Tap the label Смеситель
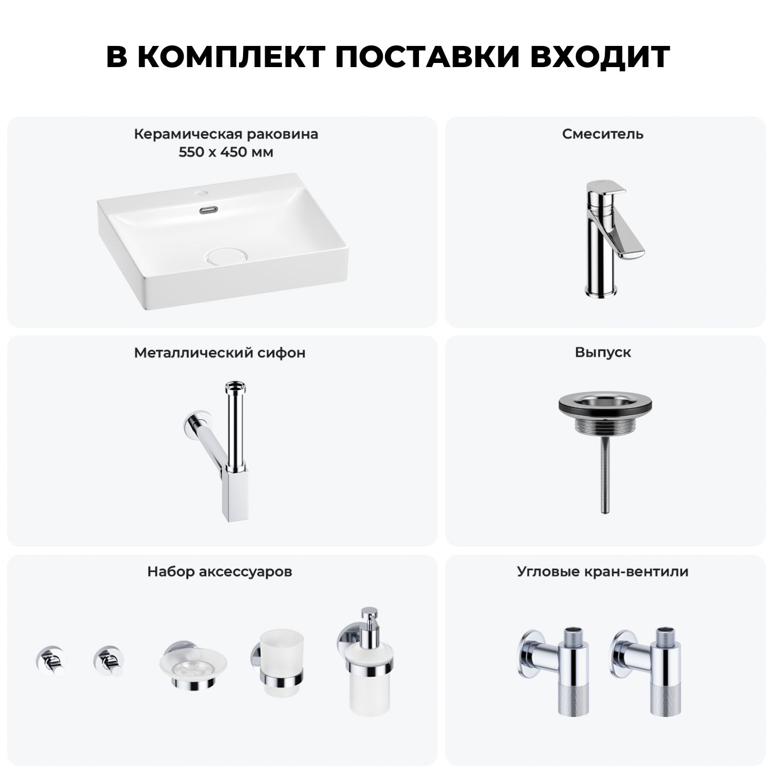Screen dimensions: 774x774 coord(603,134)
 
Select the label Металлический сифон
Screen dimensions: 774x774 coord(220,353)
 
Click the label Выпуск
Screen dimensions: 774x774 coord(603,353)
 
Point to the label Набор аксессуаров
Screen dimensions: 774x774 coord(220,572)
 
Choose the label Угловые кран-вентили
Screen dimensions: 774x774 coord(603,572)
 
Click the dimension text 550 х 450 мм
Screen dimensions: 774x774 coord(226,153)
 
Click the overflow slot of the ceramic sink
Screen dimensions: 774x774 coord(208,210)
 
